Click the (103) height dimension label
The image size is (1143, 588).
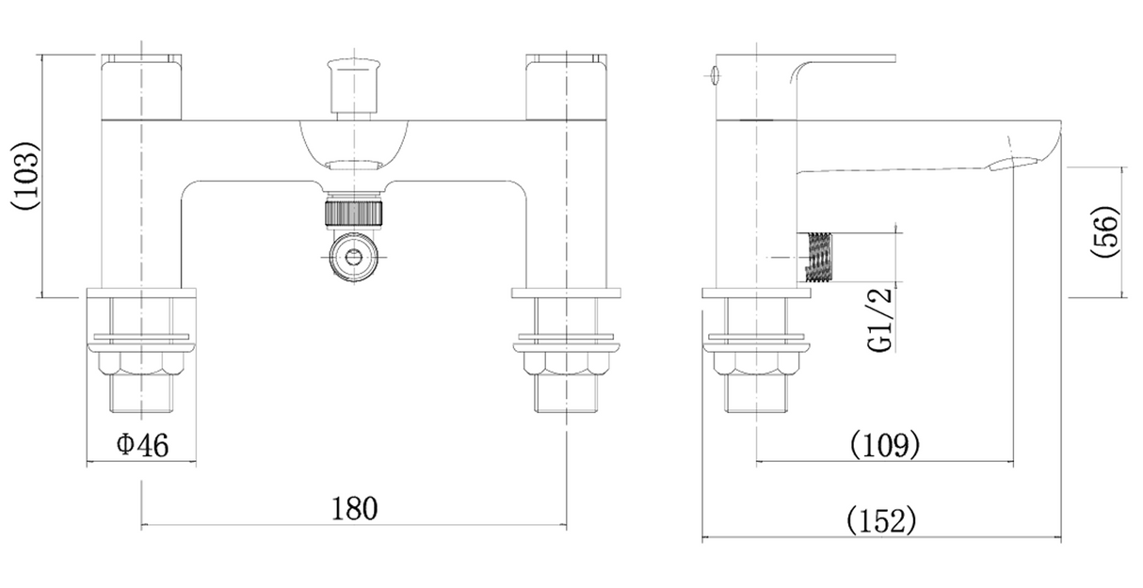(24, 175)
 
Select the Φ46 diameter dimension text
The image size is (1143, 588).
(142, 445)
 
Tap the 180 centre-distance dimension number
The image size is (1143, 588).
(355, 508)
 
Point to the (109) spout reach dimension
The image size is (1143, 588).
(885, 445)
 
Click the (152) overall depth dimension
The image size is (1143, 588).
(882, 520)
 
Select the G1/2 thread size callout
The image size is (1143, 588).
(879, 320)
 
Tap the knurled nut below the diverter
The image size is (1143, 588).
(353, 213)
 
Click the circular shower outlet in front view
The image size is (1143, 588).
(353, 257)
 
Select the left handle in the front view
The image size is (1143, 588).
(141, 87)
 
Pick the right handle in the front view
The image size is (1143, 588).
(566, 87)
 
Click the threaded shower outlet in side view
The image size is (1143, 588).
(818, 257)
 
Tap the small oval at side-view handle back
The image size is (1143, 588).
(715, 76)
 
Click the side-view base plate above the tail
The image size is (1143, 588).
(756, 294)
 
